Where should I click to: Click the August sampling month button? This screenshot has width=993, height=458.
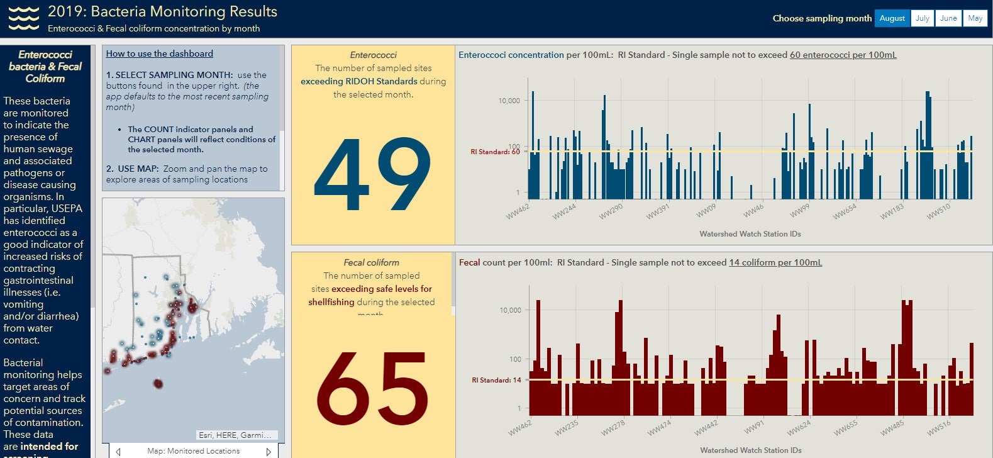(892, 18)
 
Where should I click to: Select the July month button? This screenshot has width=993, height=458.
(922, 18)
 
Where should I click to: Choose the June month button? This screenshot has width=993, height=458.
(948, 18)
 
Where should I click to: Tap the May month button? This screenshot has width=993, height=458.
(975, 18)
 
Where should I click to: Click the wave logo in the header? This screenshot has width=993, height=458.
(23, 18)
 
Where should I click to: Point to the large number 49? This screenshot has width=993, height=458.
(372, 175)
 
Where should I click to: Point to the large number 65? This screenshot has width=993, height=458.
(372, 389)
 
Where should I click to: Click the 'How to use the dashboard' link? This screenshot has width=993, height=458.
(159, 54)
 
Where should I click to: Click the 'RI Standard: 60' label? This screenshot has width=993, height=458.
(495, 152)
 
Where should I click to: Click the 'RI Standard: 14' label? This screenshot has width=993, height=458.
(496, 380)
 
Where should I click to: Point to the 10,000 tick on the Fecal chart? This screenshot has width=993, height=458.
(510, 310)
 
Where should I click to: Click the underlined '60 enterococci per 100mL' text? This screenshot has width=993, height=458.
(843, 55)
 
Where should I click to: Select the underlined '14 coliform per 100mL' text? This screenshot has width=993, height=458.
(775, 262)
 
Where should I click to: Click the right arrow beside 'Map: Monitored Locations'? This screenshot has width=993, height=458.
(269, 451)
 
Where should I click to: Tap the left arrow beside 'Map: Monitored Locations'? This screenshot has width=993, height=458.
(118, 451)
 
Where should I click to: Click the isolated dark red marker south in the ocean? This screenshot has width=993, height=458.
(158, 383)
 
